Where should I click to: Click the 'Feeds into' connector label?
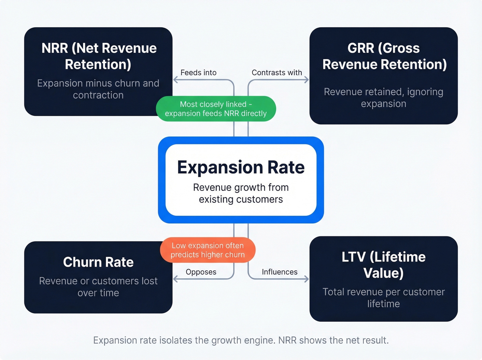[198, 73]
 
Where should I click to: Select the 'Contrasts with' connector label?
[276, 73]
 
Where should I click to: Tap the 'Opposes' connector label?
[201, 272]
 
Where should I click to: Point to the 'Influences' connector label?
[280, 272]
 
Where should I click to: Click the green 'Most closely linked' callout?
[216, 109]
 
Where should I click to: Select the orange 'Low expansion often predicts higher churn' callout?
[208, 250]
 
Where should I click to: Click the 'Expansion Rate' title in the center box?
[241, 167]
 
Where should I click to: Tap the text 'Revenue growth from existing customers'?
[241, 193]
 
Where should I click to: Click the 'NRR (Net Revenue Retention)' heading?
[98, 56]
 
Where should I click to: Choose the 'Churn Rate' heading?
[98, 262]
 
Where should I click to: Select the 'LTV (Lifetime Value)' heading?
[384, 265]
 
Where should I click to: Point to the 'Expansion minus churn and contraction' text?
[98, 89]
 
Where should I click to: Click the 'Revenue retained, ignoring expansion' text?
[384, 97]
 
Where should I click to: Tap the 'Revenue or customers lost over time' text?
[98, 287]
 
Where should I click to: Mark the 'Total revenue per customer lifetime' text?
[384, 298]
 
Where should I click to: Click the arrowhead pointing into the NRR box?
[175, 80]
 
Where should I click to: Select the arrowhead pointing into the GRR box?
[306, 80]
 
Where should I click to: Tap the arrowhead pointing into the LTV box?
[306, 279]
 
